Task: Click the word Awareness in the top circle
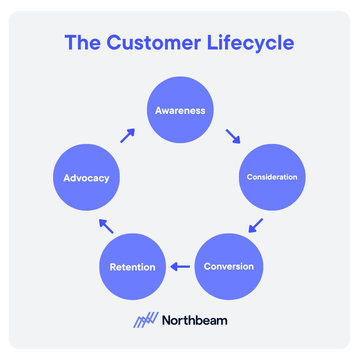coord(180,111)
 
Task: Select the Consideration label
coord(272,177)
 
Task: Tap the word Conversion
coord(229,266)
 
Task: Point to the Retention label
coord(132,267)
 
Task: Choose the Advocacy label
coord(86,178)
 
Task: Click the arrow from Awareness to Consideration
coord(233,136)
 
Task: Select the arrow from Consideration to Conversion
coord(256,225)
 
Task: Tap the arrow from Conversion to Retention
coord(180,267)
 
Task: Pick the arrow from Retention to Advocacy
coord(106,226)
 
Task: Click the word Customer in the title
coord(156,43)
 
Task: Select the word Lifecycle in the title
coord(251,43)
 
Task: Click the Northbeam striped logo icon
coord(146,320)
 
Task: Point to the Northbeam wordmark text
coord(194,320)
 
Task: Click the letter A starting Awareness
coord(159,111)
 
